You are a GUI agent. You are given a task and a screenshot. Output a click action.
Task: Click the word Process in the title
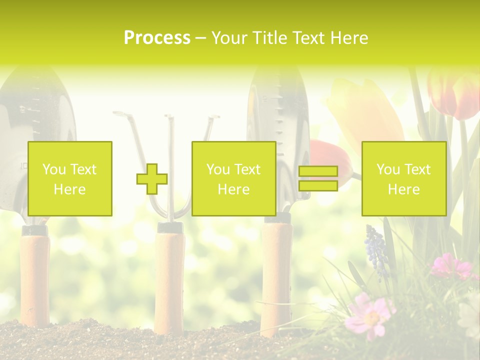tap(157, 38)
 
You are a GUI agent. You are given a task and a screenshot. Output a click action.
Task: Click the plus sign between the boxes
tap(152, 179)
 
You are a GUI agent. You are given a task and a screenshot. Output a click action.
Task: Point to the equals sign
tap(318, 178)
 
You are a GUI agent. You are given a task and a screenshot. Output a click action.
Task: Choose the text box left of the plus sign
tap(70, 178)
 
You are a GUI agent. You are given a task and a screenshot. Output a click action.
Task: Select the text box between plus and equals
tap(233, 178)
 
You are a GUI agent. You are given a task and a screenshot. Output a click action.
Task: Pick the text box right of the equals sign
tap(403, 178)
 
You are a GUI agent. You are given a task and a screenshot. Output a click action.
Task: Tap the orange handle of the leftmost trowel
tap(35, 280)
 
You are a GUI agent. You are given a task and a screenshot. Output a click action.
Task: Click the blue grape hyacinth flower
tap(376, 250)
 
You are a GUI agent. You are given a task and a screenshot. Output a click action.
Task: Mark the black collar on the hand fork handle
tap(169, 227)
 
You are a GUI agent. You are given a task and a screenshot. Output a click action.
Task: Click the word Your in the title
tap(229, 38)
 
